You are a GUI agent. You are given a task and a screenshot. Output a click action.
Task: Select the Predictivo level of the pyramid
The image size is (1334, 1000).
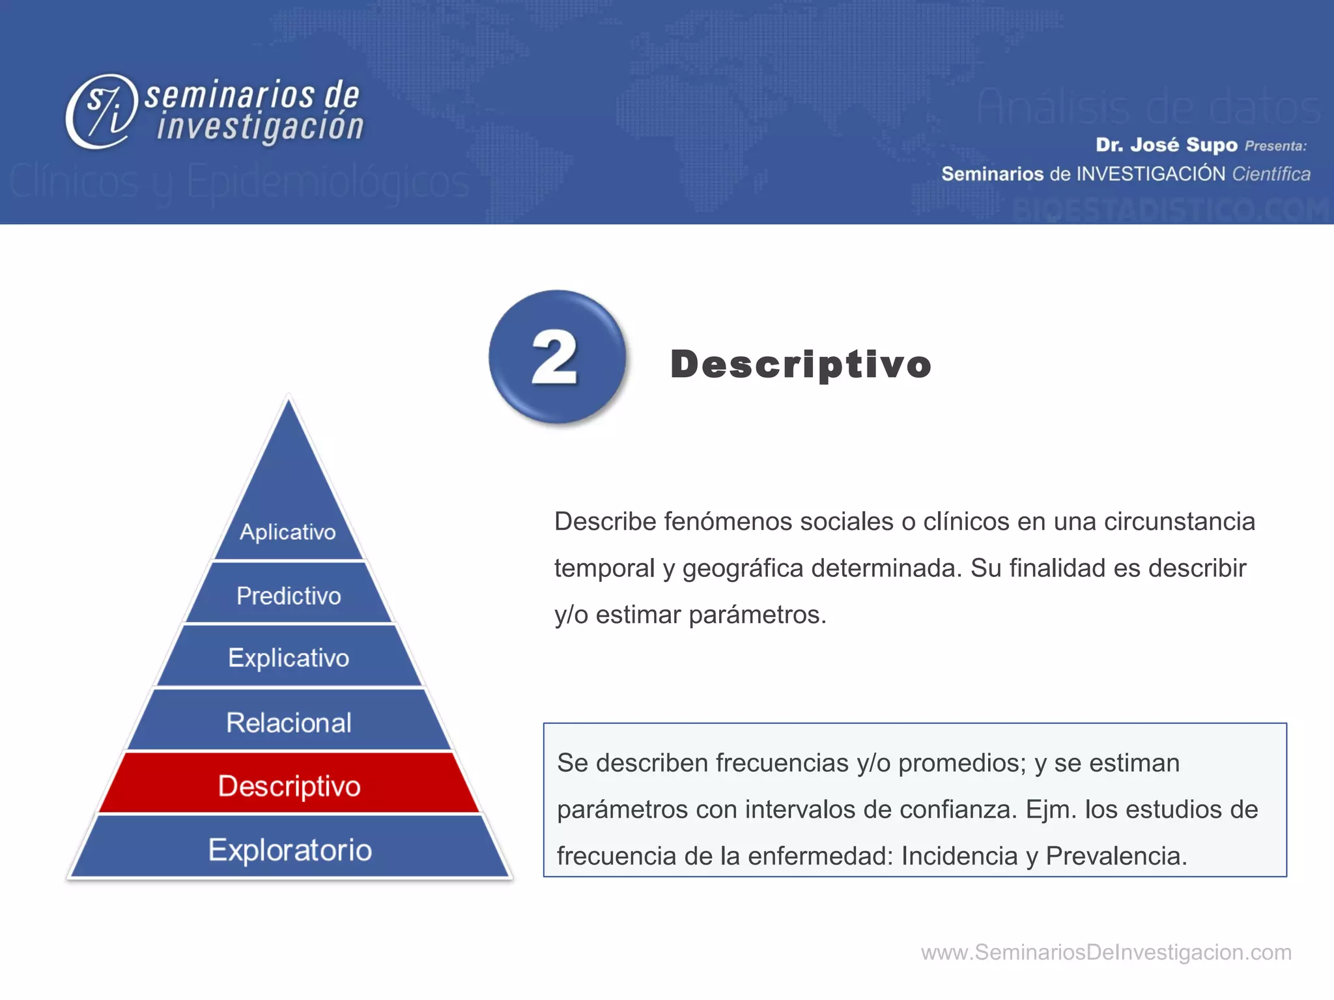(x=289, y=595)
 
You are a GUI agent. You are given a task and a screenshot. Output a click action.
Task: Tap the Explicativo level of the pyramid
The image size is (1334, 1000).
(x=289, y=657)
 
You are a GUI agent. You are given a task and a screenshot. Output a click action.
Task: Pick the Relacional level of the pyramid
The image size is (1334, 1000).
(x=289, y=722)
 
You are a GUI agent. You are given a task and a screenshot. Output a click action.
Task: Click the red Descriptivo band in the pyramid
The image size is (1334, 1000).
(x=289, y=785)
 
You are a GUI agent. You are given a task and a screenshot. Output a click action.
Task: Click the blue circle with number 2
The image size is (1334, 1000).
(x=556, y=357)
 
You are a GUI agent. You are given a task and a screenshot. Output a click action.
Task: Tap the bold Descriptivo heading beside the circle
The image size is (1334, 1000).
(x=801, y=364)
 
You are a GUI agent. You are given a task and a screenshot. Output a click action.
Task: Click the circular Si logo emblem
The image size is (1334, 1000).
(x=102, y=111)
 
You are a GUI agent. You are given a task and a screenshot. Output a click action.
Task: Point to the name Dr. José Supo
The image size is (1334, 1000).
(x=1166, y=145)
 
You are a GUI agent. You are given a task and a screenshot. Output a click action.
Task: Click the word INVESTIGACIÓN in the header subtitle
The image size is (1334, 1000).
(x=1151, y=174)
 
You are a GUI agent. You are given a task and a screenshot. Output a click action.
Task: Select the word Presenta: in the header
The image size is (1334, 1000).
(x=1275, y=146)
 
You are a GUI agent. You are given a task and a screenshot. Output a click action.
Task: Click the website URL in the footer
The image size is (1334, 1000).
(x=1105, y=952)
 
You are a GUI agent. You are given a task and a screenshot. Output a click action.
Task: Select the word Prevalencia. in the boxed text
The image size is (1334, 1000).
(x=1116, y=855)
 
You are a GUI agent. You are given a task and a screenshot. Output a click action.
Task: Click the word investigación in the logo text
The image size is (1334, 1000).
(x=260, y=127)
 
